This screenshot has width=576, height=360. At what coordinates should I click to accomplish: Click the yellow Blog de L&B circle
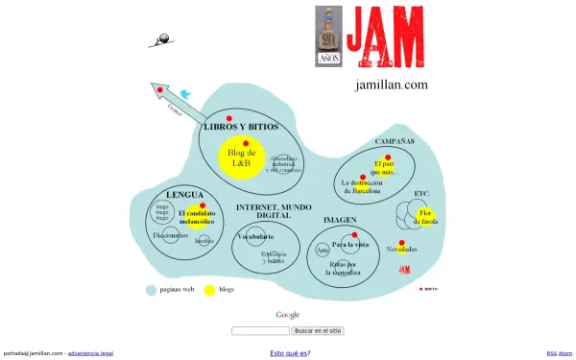point(241,157)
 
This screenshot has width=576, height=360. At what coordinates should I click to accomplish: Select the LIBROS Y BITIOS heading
point(241,127)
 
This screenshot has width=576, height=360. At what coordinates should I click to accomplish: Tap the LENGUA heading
point(184,195)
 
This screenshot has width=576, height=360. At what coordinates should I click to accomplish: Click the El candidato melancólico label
point(201,217)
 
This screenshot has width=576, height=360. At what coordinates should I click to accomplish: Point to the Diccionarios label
point(171,234)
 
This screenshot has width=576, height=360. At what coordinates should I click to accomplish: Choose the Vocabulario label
point(256,236)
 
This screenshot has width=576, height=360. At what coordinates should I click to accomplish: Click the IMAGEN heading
point(340,220)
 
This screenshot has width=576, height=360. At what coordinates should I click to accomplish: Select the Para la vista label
point(350,245)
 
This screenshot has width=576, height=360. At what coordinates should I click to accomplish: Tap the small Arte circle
point(324,251)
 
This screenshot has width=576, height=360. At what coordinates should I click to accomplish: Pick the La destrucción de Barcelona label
point(368,186)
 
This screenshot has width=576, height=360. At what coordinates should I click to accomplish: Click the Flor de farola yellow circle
point(424,217)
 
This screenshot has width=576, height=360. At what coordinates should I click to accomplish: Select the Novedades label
point(401,250)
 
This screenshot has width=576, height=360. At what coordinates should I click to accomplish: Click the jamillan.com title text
point(392,84)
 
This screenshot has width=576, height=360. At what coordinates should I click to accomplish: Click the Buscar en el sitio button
point(318,331)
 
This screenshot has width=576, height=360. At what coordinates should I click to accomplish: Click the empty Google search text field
point(260,331)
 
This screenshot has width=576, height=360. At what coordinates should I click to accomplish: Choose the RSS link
point(551,354)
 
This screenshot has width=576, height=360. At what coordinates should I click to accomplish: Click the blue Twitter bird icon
point(185,95)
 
